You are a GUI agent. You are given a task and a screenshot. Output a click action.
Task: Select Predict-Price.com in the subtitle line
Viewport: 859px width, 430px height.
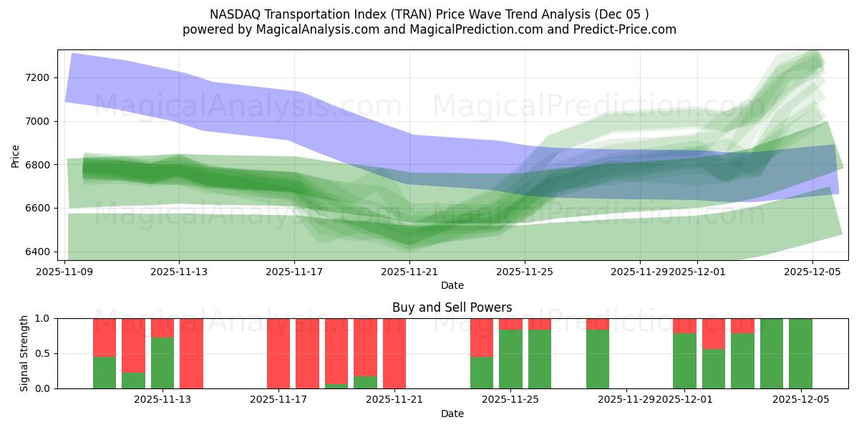click(x=630, y=29)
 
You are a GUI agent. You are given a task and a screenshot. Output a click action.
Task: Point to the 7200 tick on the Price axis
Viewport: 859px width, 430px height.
click(x=37, y=77)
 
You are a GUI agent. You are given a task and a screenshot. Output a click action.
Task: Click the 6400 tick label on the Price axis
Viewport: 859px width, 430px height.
click(x=37, y=252)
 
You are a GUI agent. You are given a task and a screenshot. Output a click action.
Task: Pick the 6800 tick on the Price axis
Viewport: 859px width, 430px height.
click(x=37, y=165)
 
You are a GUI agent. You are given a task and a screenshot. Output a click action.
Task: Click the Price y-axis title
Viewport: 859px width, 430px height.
click(x=16, y=155)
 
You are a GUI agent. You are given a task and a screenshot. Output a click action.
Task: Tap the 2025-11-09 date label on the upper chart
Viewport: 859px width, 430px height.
click(x=65, y=272)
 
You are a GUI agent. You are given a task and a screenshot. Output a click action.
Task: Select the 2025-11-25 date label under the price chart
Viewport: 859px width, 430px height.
click(x=525, y=272)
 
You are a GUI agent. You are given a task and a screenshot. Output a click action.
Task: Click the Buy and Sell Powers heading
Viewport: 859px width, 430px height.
click(x=452, y=307)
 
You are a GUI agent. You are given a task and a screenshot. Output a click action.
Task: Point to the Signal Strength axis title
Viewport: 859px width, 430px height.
click(x=24, y=353)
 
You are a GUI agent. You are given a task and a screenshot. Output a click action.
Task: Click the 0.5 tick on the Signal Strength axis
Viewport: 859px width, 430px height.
click(x=42, y=353)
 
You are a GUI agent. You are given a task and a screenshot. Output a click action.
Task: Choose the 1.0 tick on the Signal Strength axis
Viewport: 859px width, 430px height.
click(x=42, y=318)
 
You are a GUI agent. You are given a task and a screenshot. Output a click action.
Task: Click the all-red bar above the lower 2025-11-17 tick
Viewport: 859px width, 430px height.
click(x=278, y=353)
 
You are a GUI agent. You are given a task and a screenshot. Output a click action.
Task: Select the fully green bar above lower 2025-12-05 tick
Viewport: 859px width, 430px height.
click(x=800, y=353)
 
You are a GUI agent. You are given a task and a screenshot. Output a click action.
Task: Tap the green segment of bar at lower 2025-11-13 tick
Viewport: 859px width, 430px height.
click(x=162, y=363)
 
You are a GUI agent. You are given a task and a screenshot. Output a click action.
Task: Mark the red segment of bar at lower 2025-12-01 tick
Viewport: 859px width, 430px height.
click(x=684, y=325)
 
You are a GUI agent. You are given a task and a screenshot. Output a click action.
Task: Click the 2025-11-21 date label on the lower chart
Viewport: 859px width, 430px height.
click(x=394, y=400)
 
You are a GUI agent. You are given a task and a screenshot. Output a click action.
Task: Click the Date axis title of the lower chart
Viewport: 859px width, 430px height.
click(x=452, y=414)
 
